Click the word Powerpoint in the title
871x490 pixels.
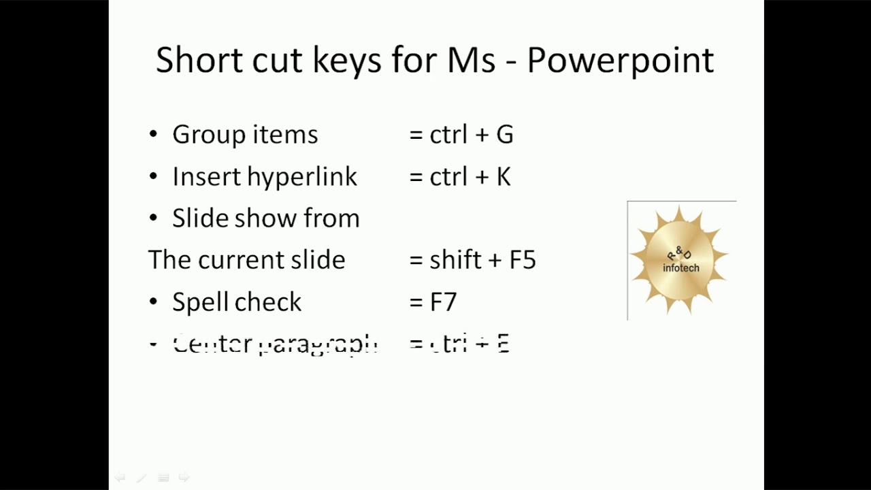click(x=620, y=61)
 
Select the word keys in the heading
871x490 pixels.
click(x=347, y=61)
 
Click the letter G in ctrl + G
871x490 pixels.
click(x=504, y=135)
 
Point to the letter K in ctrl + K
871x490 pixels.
click(x=503, y=177)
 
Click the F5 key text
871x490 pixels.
click(x=523, y=260)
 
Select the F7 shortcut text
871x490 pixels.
click(x=443, y=302)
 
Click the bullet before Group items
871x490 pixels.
click(x=153, y=135)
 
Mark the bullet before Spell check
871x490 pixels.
click(x=153, y=302)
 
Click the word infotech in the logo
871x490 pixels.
click(x=680, y=268)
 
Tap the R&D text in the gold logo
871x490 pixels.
click(x=679, y=255)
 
